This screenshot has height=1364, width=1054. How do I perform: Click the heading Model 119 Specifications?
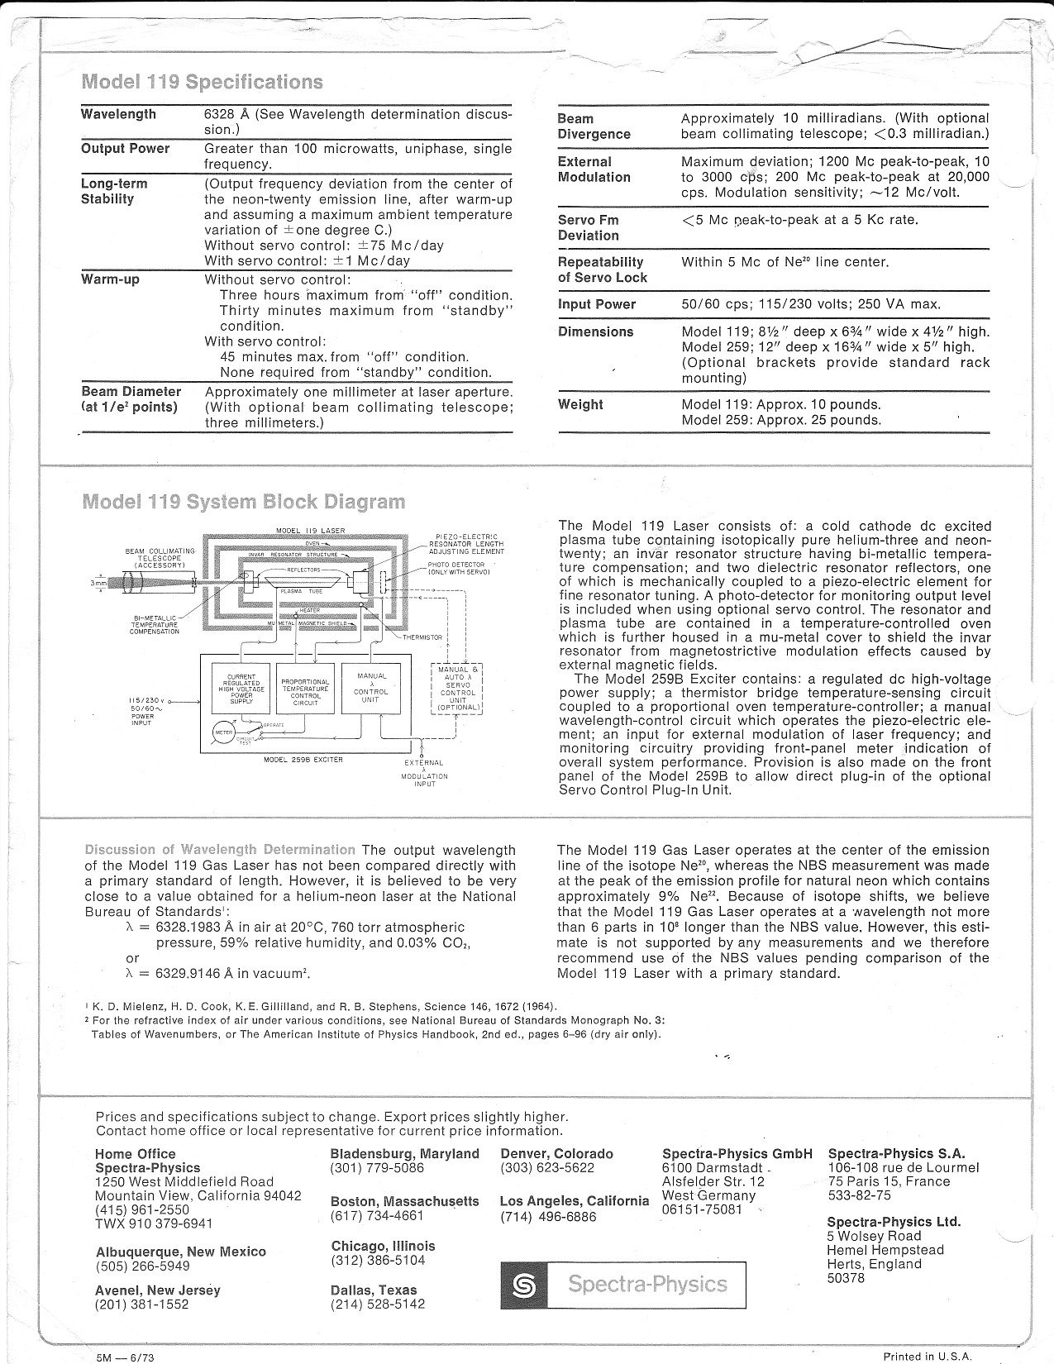[x=203, y=82]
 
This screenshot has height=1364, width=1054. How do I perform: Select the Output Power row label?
[x=125, y=149]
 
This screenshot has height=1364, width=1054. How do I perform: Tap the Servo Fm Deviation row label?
[x=588, y=227]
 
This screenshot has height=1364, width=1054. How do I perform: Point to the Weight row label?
[x=580, y=404]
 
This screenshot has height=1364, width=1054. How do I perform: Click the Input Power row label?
[x=597, y=304]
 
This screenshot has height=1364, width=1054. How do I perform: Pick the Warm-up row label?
[x=110, y=279]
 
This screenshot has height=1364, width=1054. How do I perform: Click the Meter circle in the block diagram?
[x=223, y=732]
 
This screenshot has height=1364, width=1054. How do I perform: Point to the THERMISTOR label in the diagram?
[x=422, y=637]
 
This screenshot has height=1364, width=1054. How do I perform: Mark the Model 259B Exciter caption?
[x=303, y=760]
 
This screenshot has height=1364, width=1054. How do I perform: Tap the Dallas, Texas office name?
[x=374, y=1290]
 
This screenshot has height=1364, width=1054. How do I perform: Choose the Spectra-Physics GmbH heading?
[x=737, y=1154]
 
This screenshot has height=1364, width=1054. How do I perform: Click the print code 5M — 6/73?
[x=126, y=1357]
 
